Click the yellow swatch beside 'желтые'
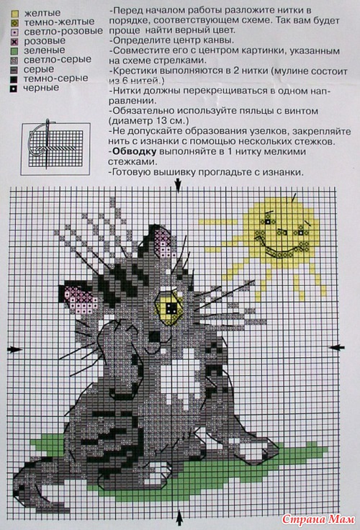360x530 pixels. tap(14, 14)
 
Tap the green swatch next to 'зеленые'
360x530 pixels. tap(14, 52)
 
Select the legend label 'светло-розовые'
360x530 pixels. tap(63, 32)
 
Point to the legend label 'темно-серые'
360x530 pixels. tap(55, 78)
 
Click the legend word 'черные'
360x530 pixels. tap(41, 88)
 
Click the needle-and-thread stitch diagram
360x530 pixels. tap(55, 149)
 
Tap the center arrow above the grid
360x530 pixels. tap(178, 185)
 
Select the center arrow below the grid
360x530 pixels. tap(179, 518)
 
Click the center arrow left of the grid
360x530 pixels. tap(14, 349)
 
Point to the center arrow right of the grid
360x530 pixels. tap(337, 347)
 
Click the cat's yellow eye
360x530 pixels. tap(168, 306)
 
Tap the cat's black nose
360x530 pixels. tap(155, 336)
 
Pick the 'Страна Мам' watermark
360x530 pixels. tap(318, 518)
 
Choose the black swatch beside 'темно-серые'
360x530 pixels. tap(14, 80)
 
